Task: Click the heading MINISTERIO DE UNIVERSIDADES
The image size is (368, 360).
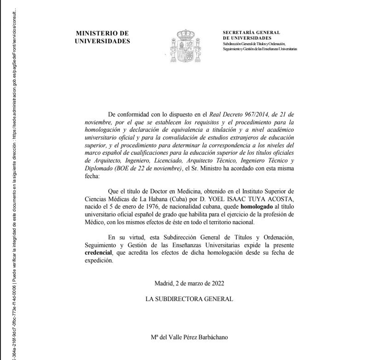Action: coord(102,37)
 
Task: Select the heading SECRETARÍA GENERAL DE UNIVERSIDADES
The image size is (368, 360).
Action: coord(251,35)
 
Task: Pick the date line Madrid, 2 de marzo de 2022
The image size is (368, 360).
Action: coord(190,283)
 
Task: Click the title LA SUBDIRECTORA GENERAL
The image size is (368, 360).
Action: coord(189,299)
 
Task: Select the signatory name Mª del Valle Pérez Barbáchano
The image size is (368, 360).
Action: coord(189,337)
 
